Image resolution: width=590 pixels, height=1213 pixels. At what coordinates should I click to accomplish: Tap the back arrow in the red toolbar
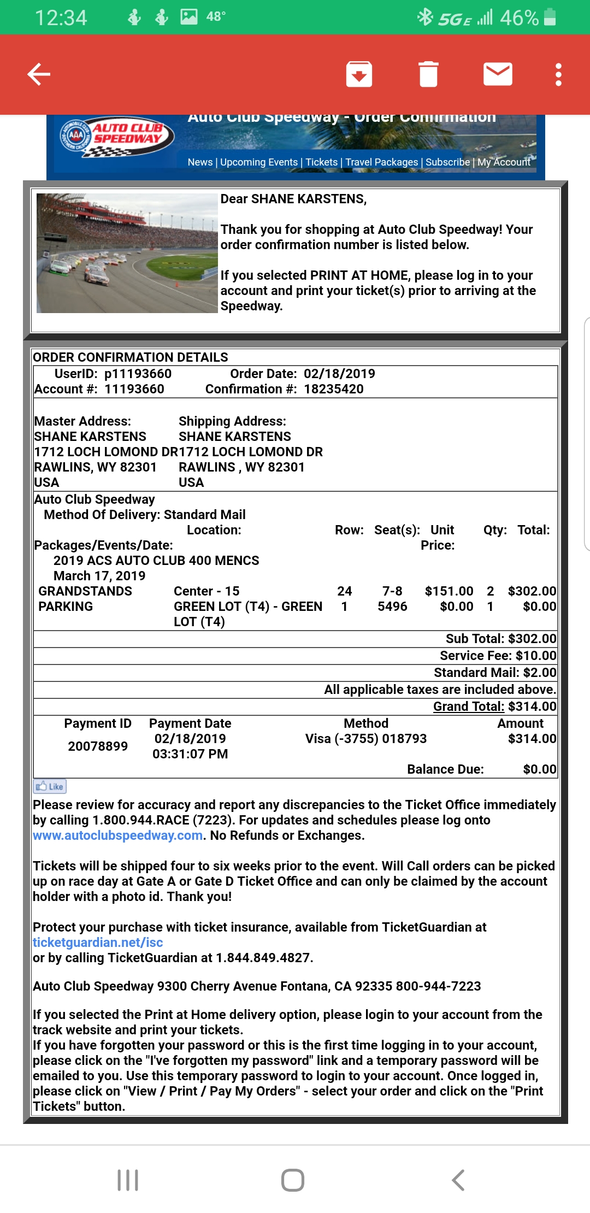tap(39, 74)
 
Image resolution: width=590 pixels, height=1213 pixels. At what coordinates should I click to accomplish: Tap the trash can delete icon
tap(428, 74)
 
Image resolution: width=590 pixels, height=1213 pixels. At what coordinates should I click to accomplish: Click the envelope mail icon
tap(498, 74)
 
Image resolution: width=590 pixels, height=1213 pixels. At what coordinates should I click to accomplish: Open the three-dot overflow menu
tap(558, 74)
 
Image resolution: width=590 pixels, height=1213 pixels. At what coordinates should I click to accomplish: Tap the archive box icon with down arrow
tap(359, 74)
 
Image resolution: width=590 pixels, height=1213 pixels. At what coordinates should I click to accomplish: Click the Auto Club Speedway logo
tap(117, 137)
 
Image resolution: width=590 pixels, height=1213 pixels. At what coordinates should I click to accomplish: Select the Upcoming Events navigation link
tap(259, 162)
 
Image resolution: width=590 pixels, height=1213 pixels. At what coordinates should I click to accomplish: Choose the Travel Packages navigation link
tap(381, 162)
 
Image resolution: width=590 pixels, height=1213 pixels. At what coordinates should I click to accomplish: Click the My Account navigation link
tap(504, 162)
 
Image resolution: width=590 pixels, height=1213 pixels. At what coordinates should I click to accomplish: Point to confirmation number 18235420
tap(334, 389)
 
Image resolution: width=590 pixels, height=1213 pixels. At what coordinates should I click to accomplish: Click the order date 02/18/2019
tap(339, 374)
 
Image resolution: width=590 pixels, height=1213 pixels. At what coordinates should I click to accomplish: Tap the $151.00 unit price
tap(449, 591)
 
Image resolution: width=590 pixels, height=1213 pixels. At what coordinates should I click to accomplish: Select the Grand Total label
tap(469, 706)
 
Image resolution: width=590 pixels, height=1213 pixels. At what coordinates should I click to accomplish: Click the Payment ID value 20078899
tap(98, 746)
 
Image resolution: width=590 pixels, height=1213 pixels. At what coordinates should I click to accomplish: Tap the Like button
tap(50, 787)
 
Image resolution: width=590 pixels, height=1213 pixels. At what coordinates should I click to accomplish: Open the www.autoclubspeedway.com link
tap(118, 835)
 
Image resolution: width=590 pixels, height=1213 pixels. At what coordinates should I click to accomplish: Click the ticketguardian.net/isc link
tap(98, 943)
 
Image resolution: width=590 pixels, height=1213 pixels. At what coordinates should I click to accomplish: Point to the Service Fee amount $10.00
tap(535, 656)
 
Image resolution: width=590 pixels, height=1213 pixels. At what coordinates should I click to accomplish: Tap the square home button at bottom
tap(293, 1180)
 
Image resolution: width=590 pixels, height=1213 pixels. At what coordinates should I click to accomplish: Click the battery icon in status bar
tap(550, 17)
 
